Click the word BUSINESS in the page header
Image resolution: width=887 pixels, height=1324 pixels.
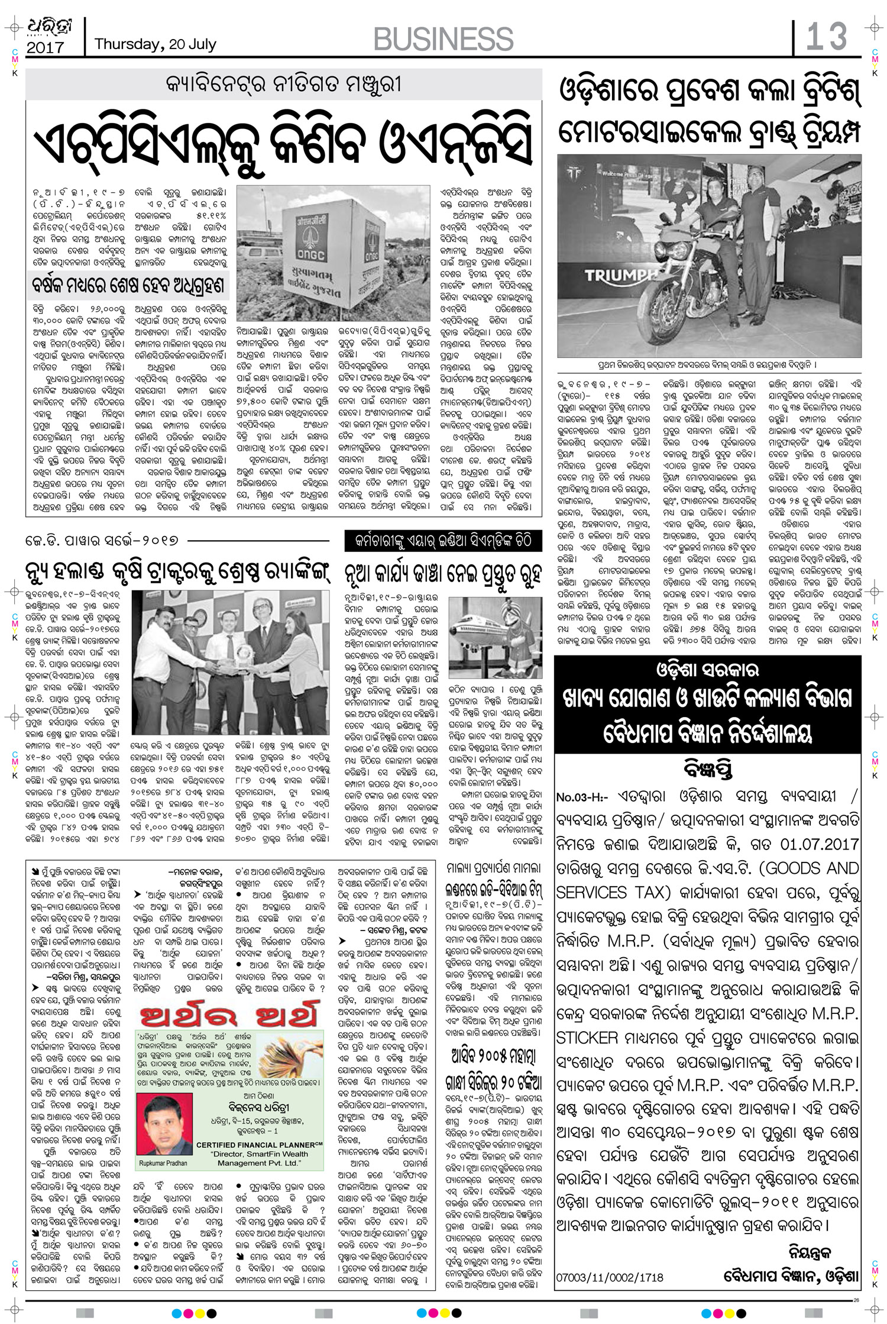tap(444, 39)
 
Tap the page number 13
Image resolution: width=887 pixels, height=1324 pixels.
tap(827, 37)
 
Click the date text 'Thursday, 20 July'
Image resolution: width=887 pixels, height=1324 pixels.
tap(156, 44)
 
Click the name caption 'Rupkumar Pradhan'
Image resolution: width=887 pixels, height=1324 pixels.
tap(163, 1163)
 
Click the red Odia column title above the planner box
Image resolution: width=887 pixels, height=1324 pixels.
tap(228, 1015)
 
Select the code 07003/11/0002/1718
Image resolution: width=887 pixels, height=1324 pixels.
tap(609, 1277)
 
